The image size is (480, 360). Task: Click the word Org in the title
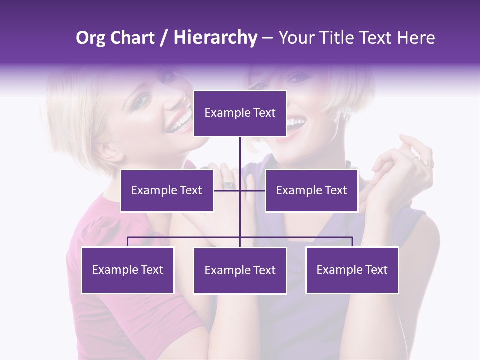(90, 38)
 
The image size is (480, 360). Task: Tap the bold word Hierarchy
(215, 38)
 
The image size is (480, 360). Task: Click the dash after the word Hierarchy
(267, 38)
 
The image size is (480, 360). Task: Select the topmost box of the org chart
(240, 113)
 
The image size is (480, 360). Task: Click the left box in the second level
(167, 190)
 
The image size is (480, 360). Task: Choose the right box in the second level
(311, 190)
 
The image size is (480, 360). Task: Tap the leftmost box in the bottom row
(127, 270)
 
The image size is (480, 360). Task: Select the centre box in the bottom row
(240, 270)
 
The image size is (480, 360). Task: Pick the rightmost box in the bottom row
(352, 270)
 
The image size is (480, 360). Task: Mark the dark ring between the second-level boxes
(228, 185)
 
